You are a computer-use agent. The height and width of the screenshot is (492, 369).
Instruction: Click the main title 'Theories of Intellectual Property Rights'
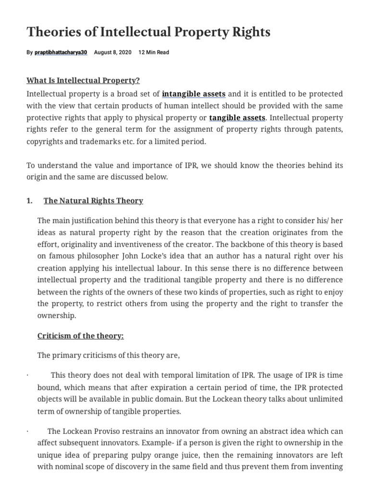148,32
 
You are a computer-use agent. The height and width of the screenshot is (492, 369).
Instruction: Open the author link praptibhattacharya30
61,52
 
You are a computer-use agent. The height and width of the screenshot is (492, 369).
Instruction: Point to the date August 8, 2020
113,52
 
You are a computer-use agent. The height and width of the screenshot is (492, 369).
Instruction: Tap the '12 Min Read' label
154,52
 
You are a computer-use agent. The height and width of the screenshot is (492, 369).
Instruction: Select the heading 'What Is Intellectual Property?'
83,80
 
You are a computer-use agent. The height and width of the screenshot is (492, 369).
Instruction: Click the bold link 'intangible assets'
194,93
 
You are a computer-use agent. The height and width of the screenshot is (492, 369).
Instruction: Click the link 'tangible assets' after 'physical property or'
237,117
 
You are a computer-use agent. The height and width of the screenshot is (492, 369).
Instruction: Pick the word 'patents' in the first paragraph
328,130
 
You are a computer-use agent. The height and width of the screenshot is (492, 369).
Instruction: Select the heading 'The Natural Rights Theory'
93,200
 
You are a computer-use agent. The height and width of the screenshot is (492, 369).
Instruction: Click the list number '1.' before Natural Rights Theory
30,200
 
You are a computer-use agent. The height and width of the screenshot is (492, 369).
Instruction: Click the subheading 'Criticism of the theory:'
81,336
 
